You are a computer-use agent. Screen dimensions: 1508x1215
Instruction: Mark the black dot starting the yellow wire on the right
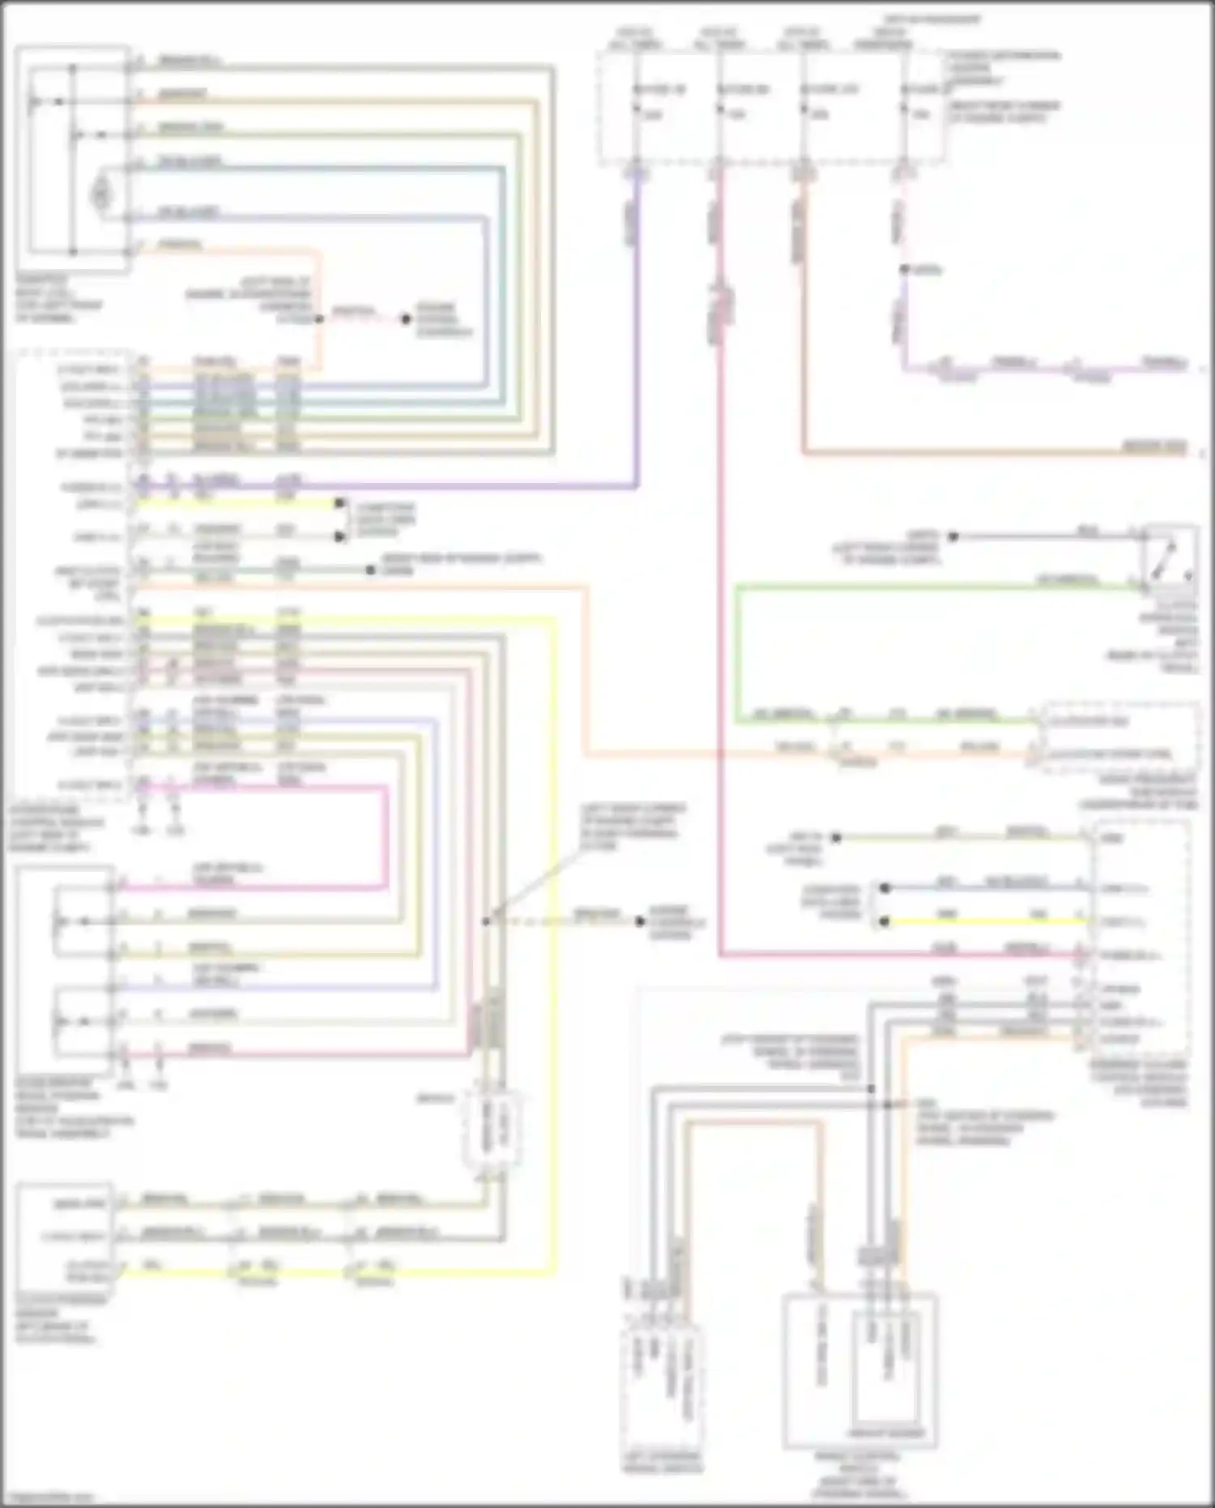885,922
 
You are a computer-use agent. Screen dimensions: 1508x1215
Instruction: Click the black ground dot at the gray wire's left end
953,536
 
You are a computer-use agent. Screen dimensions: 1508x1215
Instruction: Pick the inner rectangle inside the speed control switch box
886,1378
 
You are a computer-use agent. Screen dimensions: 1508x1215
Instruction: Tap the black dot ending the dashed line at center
640,921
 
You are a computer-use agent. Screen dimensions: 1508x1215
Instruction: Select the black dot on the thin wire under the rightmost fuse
905,270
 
